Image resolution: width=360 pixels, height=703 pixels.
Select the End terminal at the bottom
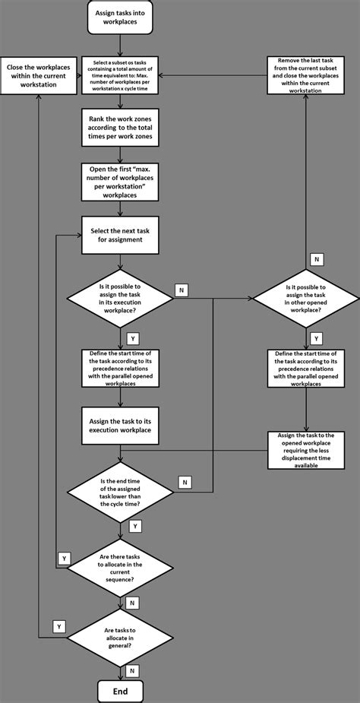119,690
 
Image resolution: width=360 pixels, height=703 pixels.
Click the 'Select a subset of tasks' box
119,75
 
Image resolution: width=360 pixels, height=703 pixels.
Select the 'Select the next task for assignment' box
119,235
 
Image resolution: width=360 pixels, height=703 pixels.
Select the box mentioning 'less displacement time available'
306,451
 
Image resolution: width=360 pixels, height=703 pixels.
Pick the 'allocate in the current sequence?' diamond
119,566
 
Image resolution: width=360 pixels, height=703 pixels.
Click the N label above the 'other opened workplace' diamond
317,259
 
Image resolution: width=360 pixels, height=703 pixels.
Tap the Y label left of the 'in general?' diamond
58,626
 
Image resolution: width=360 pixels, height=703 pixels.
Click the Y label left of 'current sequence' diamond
65,559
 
